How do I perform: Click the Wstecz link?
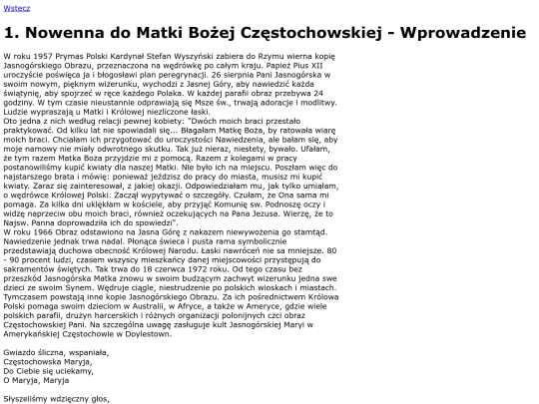pos(17,7)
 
